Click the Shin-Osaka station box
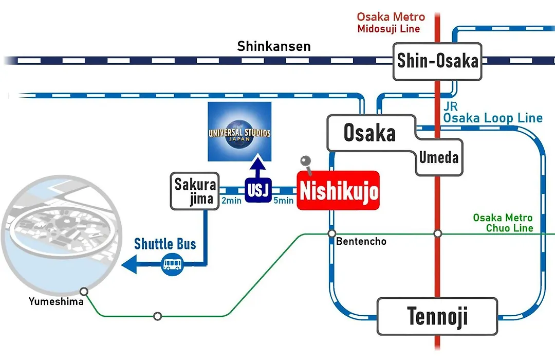(437, 61)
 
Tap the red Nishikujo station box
(338, 190)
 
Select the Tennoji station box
(437, 316)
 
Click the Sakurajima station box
(195, 191)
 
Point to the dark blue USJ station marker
(258, 190)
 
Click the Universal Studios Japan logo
(239, 132)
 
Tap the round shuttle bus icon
(172, 264)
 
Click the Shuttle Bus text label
(165, 244)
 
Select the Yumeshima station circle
(84, 292)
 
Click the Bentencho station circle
(331, 233)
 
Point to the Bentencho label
(361, 241)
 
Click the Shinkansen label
(274, 46)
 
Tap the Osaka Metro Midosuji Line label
(391, 22)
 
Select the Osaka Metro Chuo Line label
(503, 223)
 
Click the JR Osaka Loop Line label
(493, 113)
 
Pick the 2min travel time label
(231, 201)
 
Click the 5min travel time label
(284, 201)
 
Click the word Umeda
(438, 157)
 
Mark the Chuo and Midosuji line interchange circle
(438, 233)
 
